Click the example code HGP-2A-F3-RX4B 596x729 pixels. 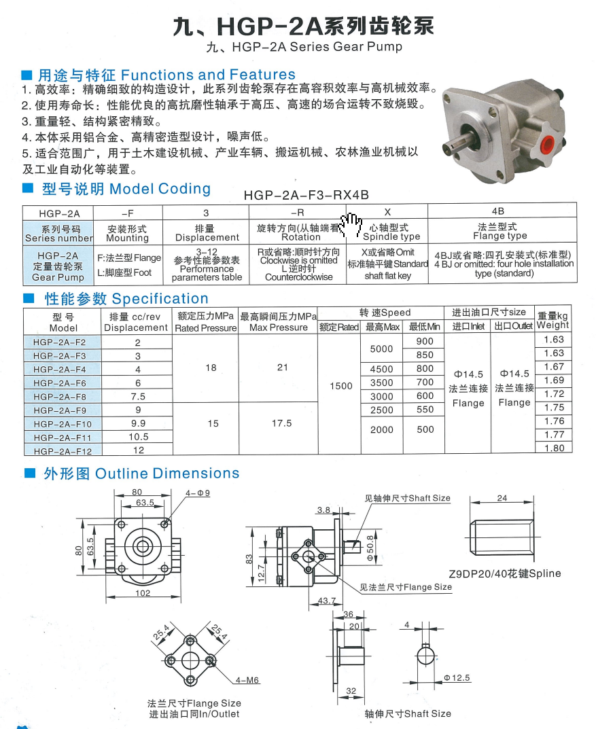click(306, 195)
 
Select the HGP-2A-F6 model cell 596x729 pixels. click(60, 383)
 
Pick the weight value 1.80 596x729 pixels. click(554, 448)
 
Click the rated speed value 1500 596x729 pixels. click(340, 386)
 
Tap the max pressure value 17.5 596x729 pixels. click(282, 423)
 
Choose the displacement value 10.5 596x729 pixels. click(138, 437)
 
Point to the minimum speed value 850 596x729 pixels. click(425, 355)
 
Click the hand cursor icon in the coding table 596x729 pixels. click(353, 225)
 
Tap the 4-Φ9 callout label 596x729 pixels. click(198, 493)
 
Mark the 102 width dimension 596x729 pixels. click(143, 592)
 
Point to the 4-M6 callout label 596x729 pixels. click(247, 680)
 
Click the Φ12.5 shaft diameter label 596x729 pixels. click(457, 678)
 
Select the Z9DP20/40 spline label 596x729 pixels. click(504, 573)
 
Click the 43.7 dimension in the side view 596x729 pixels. click(326, 600)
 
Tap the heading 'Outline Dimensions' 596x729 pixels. click(167, 474)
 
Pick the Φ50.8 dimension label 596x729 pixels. click(370, 548)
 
